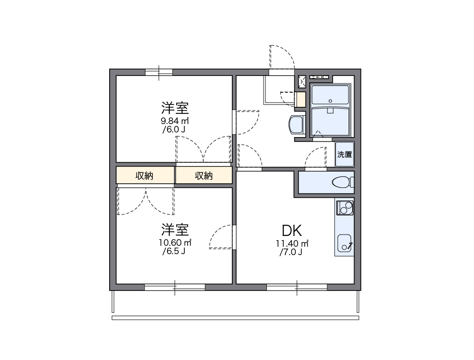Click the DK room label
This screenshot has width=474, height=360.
pyautogui.click(x=292, y=230)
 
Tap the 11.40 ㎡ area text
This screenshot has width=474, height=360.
pyautogui.click(x=292, y=243)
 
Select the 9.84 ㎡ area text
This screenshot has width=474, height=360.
pyautogui.click(x=174, y=121)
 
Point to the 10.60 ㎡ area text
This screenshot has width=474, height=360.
pyautogui.click(x=174, y=242)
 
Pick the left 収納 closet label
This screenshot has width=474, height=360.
pyautogui.click(x=145, y=176)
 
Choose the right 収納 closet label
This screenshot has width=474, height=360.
pyautogui.click(x=203, y=176)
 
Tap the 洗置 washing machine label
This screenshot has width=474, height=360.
pyautogui.click(x=345, y=154)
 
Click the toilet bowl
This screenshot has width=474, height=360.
pyautogui.click(x=342, y=182)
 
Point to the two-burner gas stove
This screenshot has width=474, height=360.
pyautogui.click(x=344, y=207)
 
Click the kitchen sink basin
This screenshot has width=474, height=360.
pyautogui.click(x=344, y=242)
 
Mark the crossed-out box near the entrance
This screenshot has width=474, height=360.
pyautogui.click(x=302, y=82)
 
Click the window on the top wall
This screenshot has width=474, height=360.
pyautogui.click(x=159, y=72)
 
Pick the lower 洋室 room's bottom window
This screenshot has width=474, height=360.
pyautogui.click(x=174, y=287)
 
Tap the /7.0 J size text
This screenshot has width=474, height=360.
pyautogui.click(x=292, y=253)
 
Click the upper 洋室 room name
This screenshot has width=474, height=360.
pyautogui.click(x=174, y=108)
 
